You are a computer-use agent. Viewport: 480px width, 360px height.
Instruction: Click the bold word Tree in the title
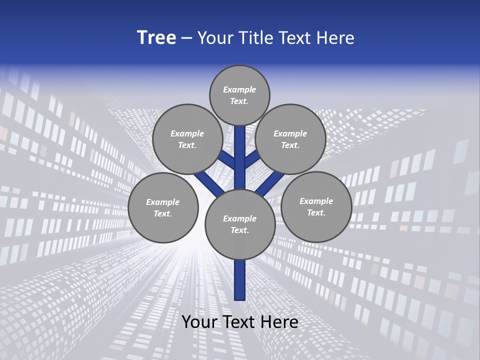(156, 37)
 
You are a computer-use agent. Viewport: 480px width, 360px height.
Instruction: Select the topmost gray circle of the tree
(239, 95)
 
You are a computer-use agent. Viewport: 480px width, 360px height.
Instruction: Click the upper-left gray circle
(187, 139)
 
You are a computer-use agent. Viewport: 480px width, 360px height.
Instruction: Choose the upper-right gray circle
(290, 139)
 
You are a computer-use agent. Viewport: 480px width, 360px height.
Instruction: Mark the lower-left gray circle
(163, 207)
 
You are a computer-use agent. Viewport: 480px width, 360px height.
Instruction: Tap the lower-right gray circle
(316, 206)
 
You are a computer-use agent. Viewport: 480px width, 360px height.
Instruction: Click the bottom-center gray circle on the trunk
(240, 224)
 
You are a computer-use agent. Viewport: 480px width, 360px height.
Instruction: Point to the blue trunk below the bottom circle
(240, 280)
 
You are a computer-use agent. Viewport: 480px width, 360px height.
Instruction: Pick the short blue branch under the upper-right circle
(252, 159)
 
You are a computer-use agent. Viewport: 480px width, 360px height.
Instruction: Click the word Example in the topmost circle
(239, 89)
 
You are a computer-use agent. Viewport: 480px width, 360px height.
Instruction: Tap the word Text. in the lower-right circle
(316, 212)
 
